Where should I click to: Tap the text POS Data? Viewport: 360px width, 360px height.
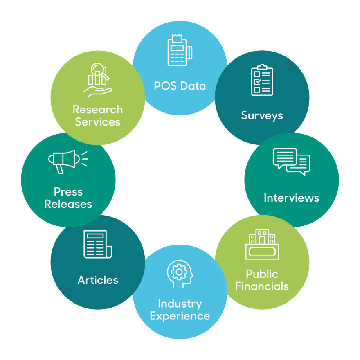(180, 86)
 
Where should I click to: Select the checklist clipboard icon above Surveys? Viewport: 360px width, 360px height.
(262, 80)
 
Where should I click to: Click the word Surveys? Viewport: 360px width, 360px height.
(262, 115)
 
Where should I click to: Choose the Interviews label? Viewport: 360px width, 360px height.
(291, 198)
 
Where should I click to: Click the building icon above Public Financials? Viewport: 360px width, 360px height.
(262, 244)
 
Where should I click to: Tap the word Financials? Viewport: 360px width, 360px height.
(262, 286)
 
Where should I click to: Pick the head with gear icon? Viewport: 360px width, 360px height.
(180, 274)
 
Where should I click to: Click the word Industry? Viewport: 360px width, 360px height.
(180, 304)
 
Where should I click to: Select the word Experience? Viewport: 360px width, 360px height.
(180, 316)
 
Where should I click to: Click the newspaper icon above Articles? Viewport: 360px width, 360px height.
(98, 244)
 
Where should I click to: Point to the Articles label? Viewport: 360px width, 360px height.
(98, 280)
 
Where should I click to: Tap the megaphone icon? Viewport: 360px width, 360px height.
(68, 161)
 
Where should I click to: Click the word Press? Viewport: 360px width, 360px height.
(68, 191)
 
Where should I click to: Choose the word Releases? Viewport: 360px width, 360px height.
(68, 204)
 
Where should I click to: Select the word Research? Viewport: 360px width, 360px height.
(98, 110)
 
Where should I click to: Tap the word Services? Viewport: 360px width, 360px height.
(98, 122)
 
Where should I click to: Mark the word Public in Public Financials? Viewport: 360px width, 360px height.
(262, 274)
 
